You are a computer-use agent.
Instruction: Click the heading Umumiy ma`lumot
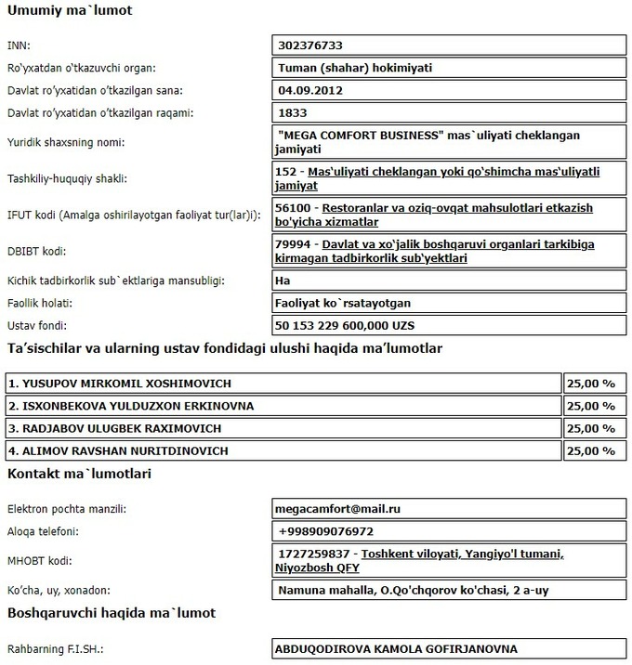coord(70,12)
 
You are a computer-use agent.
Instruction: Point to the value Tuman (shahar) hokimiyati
coord(355,67)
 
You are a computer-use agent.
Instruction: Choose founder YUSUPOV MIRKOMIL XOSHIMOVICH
coord(119,384)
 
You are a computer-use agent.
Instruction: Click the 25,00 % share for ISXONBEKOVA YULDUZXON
coord(591,406)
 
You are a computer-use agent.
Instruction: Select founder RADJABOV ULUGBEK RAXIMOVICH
coord(114,428)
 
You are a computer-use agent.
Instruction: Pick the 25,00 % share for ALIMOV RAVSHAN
coord(591,450)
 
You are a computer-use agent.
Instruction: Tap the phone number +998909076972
coord(325,531)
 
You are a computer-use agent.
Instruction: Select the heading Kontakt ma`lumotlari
coord(79,474)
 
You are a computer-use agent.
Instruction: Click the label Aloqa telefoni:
coord(43,531)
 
